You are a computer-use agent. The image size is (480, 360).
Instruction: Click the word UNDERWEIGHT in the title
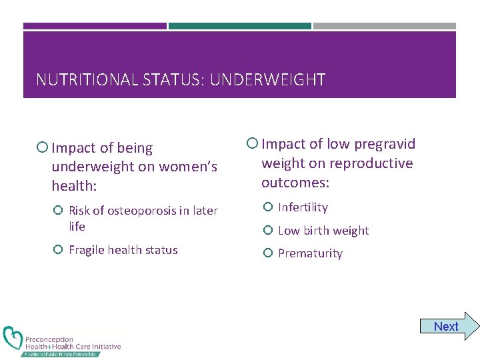(267, 81)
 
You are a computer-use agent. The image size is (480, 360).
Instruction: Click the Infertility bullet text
(303, 207)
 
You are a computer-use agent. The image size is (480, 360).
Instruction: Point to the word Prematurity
(310, 253)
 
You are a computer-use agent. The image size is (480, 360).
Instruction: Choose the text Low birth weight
(323, 231)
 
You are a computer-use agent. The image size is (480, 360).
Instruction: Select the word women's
(183, 165)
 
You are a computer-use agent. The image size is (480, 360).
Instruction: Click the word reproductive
(375, 163)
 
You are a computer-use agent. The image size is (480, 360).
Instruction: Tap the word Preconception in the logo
(49, 339)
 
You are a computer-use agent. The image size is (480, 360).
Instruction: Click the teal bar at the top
(239, 26)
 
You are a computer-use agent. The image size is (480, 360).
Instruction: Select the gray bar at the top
(384, 26)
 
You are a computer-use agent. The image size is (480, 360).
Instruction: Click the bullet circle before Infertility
(268, 207)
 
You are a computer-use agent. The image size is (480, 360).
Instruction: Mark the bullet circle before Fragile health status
(58, 250)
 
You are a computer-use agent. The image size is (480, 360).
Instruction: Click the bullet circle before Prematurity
(268, 253)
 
